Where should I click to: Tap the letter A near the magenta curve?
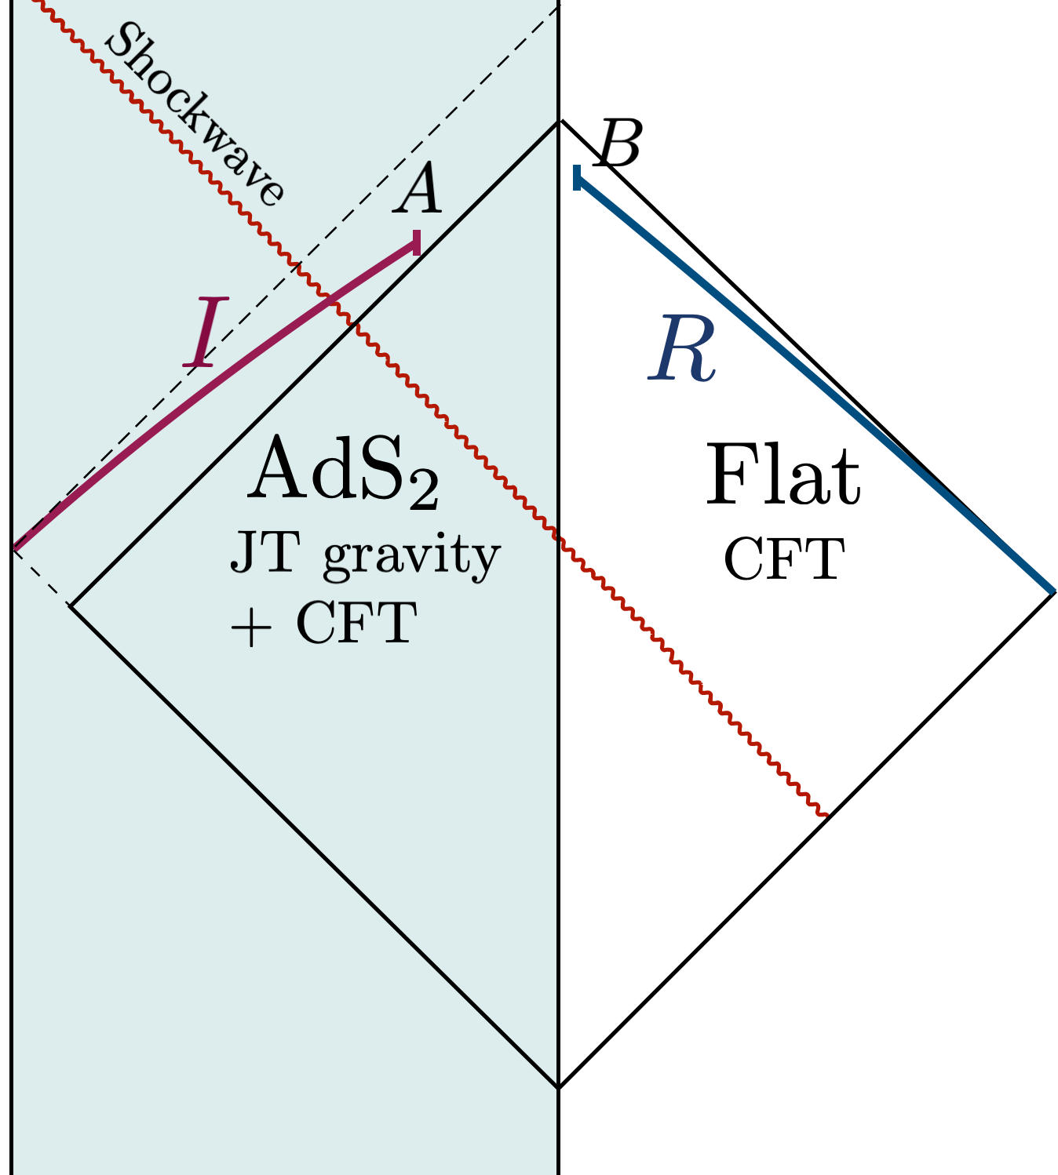pyautogui.click(x=418, y=191)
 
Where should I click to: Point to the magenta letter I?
pyautogui.click(x=206, y=333)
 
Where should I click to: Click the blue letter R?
pyautogui.click(x=682, y=349)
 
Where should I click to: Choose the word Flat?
pyautogui.click(x=783, y=476)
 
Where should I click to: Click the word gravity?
pyautogui.click(x=411, y=558)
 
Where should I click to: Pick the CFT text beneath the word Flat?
pyautogui.click(x=783, y=559)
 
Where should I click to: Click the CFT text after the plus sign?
pyautogui.click(x=356, y=624)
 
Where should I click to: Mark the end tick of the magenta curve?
pyautogui.click(x=416, y=243)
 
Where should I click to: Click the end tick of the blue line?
pyautogui.click(x=577, y=178)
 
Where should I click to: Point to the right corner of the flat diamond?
pyautogui.click(x=1053, y=593)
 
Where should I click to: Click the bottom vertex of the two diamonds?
pyautogui.click(x=559, y=1087)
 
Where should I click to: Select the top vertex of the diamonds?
pyautogui.click(x=560, y=122)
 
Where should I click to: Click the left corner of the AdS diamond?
pyautogui.click(x=71, y=605)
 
